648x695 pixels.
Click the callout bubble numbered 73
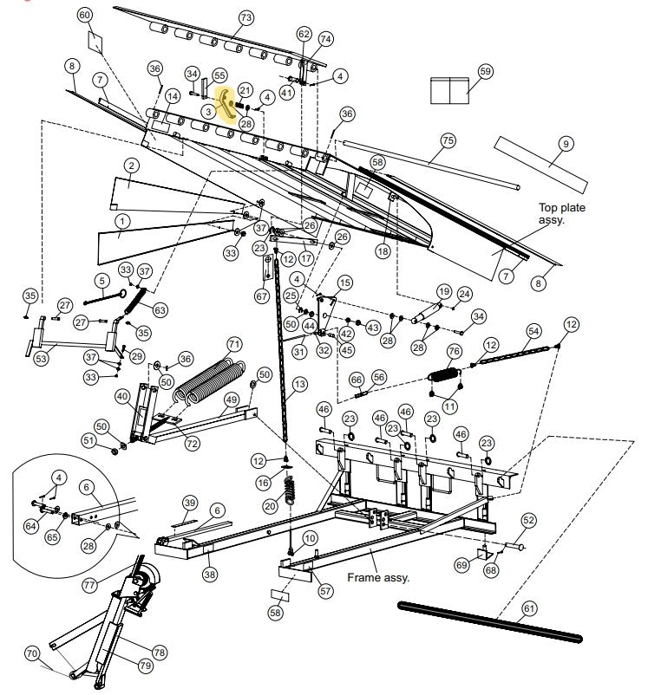pyautogui.click(x=245, y=17)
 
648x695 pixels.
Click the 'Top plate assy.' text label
pyautogui.click(x=566, y=214)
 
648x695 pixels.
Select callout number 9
pyautogui.click(x=565, y=144)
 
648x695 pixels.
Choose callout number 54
pyautogui.click(x=533, y=331)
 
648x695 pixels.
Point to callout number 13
pyautogui.click(x=300, y=383)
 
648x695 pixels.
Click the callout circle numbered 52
pyautogui.click(x=528, y=519)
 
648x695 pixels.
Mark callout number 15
pyautogui.click(x=344, y=283)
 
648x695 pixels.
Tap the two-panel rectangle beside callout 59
pyautogui.click(x=449, y=88)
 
